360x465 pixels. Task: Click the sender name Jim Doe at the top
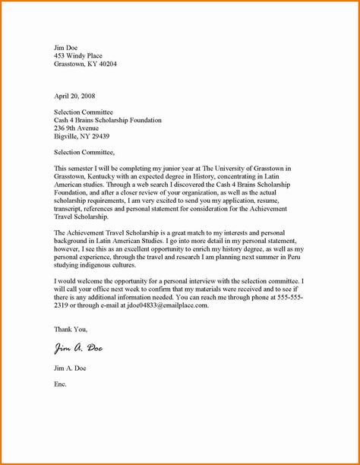67,47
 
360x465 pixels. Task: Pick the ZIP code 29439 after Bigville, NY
99,137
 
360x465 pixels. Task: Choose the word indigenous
99,265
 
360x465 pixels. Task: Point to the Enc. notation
60,384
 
